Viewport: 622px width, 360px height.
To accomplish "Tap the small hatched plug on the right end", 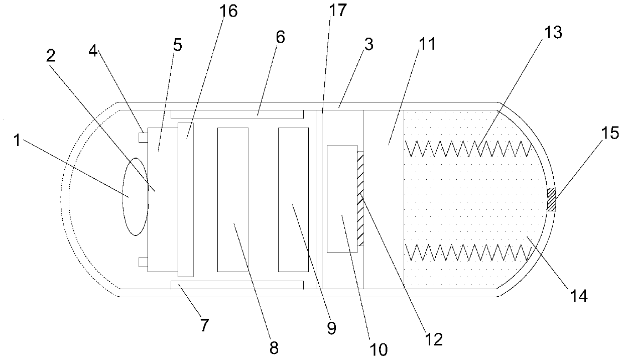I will pos(551,199).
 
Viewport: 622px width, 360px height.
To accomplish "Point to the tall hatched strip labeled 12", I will pos(360,199).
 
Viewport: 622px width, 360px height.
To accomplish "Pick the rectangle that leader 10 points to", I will pos(341,199).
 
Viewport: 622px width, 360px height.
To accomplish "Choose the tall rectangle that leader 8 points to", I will pos(232,199).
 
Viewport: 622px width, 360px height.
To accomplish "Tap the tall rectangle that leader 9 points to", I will pos(294,199).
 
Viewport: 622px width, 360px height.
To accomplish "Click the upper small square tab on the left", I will pos(143,137).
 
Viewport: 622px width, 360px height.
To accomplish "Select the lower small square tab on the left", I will pos(143,261).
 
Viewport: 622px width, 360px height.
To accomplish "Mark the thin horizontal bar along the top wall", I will pos(237,114).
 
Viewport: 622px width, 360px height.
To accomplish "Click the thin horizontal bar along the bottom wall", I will pos(237,285).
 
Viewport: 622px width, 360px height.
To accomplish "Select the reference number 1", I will pos(17,141).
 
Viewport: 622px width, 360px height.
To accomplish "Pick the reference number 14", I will pos(578,296).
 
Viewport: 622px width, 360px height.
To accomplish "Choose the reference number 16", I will pos(229,11).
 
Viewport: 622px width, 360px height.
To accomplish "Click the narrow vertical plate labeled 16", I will pos(185,199).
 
